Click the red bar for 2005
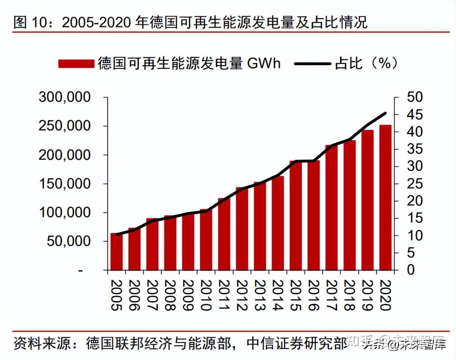click(x=116, y=252)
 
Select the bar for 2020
click(x=385, y=198)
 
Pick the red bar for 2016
click(x=313, y=215)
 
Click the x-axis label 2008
click(x=170, y=295)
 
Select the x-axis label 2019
click(x=367, y=295)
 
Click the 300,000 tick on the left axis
click(x=65, y=97)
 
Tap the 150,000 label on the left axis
click(x=65, y=184)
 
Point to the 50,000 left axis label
click(x=69, y=241)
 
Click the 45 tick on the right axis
click(x=415, y=115)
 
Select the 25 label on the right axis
click(x=415, y=184)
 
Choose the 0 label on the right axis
click(x=411, y=270)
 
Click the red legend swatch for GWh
click(x=76, y=64)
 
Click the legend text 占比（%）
click(x=366, y=63)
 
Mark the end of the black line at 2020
click(x=385, y=113)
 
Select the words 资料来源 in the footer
click(x=42, y=343)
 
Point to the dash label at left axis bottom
click(x=81, y=270)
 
